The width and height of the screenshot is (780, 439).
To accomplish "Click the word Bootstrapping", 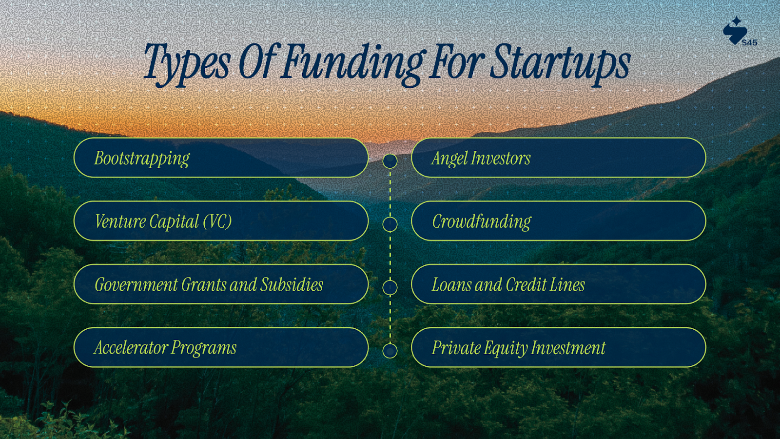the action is pyautogui.click(x=142, y=159).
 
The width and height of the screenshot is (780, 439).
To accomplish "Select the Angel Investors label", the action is pyautogui.click(x=481, y=159).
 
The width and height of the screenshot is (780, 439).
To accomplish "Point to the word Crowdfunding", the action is pyautogui.click(x=482, y=222).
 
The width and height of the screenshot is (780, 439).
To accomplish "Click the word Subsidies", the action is pyautogui.click(x=292, y=285).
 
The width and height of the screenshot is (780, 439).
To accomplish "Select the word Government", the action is pyautogui.click(x=136, y=285).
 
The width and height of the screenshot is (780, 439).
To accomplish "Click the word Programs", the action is pyautogui.click(x=204, y=348).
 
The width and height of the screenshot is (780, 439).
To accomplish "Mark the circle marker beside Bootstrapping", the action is pyautogui.click(x=390, y=161).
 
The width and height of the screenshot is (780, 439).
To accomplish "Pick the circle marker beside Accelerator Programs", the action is pyautogui.click(x=390, y=351).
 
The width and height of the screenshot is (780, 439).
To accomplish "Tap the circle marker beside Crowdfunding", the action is pyautogui.click(x=390, y=224).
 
